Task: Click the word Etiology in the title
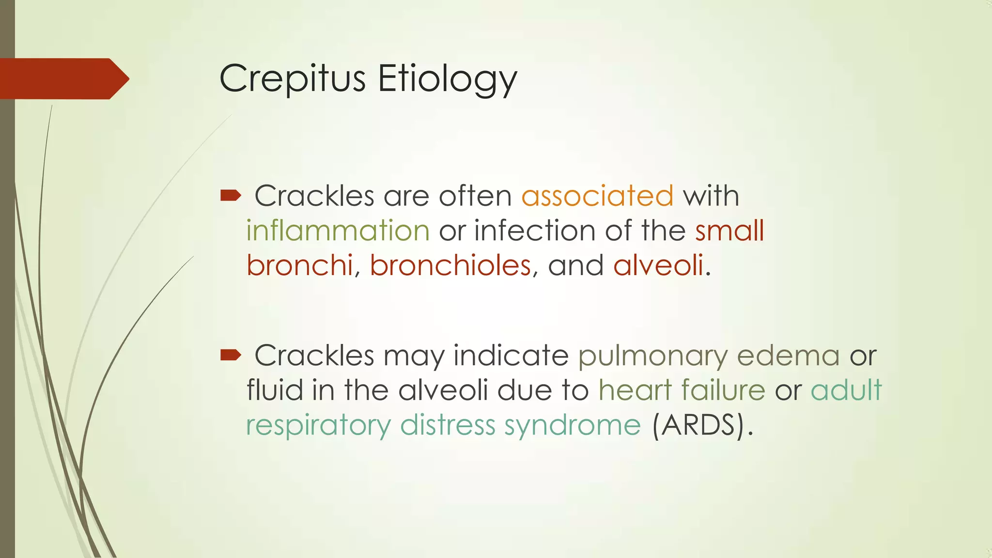click(x=447, y=78)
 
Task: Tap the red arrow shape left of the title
click(x=63, y=78)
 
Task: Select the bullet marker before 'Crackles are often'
click(x=231, y=195)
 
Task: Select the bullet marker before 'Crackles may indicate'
click(x=231, y=355)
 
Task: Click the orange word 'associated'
click(x=597, y=196)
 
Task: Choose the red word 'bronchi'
click(x=300, y=265)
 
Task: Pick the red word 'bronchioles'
click(x=450, y=265)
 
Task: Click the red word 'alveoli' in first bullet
click(x=658, y=265)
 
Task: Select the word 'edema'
click(x=788, y=356)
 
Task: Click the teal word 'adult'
click(x=846, y=390)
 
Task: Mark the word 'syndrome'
click(x=573, y=426)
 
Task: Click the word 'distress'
click(x=448, y=425)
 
